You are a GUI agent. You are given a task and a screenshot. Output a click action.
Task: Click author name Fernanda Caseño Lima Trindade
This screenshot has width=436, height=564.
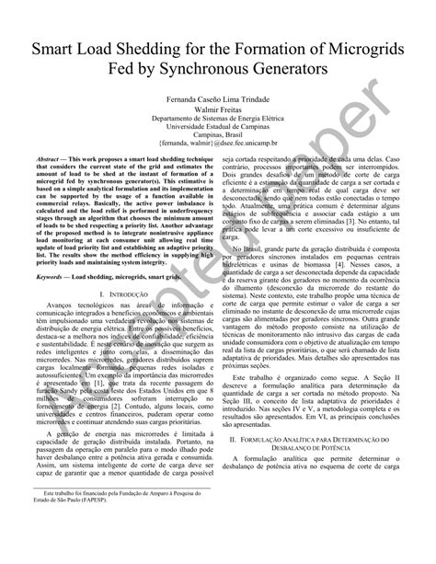(218, 98)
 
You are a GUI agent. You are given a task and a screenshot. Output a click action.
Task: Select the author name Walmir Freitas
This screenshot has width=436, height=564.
(218, 109)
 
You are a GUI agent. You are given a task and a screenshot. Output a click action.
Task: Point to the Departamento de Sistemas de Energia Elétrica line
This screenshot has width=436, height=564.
(218, 119)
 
